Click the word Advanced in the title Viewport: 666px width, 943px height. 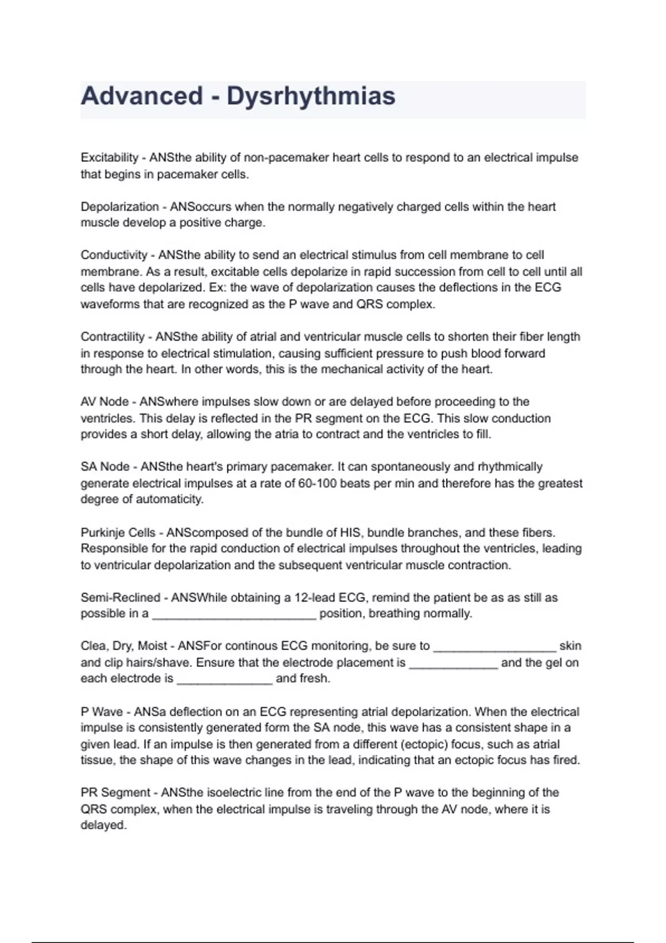(142, 96)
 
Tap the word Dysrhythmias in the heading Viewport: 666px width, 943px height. (311, 97)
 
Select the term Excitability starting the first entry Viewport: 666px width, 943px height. (109, 158)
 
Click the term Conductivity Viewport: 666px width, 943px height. (114, 255)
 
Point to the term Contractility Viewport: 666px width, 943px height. (113, 337)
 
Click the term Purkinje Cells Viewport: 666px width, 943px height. (118, 533)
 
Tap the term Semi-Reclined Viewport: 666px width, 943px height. (120, 597)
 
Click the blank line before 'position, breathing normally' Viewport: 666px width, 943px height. (234, 615)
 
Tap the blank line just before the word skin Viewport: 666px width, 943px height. (494, 647)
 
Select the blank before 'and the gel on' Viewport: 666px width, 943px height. (453, 664)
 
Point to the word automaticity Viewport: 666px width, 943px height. (170, 499)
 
